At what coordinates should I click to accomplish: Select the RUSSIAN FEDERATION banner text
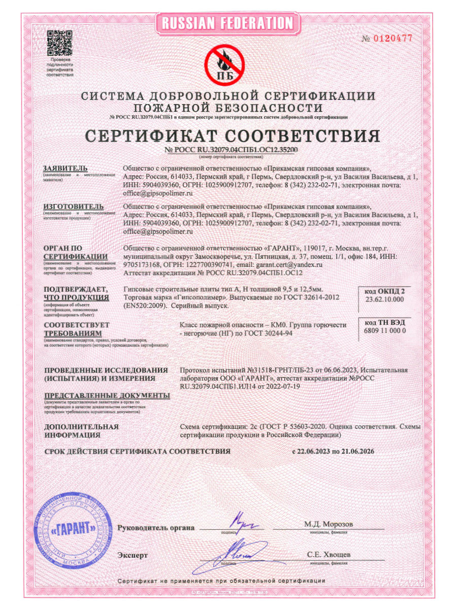[228, 23]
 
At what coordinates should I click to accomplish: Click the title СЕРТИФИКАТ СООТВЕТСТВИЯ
[232, 136]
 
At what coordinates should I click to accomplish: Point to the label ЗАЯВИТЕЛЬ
[66, 168]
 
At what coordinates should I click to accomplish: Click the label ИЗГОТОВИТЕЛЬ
[74, 207]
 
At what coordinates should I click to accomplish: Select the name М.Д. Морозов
[329, 524]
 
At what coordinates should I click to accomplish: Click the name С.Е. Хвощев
[329, 554]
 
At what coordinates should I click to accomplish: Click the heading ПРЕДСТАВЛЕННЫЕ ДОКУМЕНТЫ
[107, 395]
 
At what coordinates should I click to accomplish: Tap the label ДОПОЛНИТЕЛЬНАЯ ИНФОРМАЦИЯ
[81, 431]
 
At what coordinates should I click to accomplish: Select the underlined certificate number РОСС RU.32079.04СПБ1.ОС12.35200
[232, 150]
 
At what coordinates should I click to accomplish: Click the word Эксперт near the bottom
[133, 555]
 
